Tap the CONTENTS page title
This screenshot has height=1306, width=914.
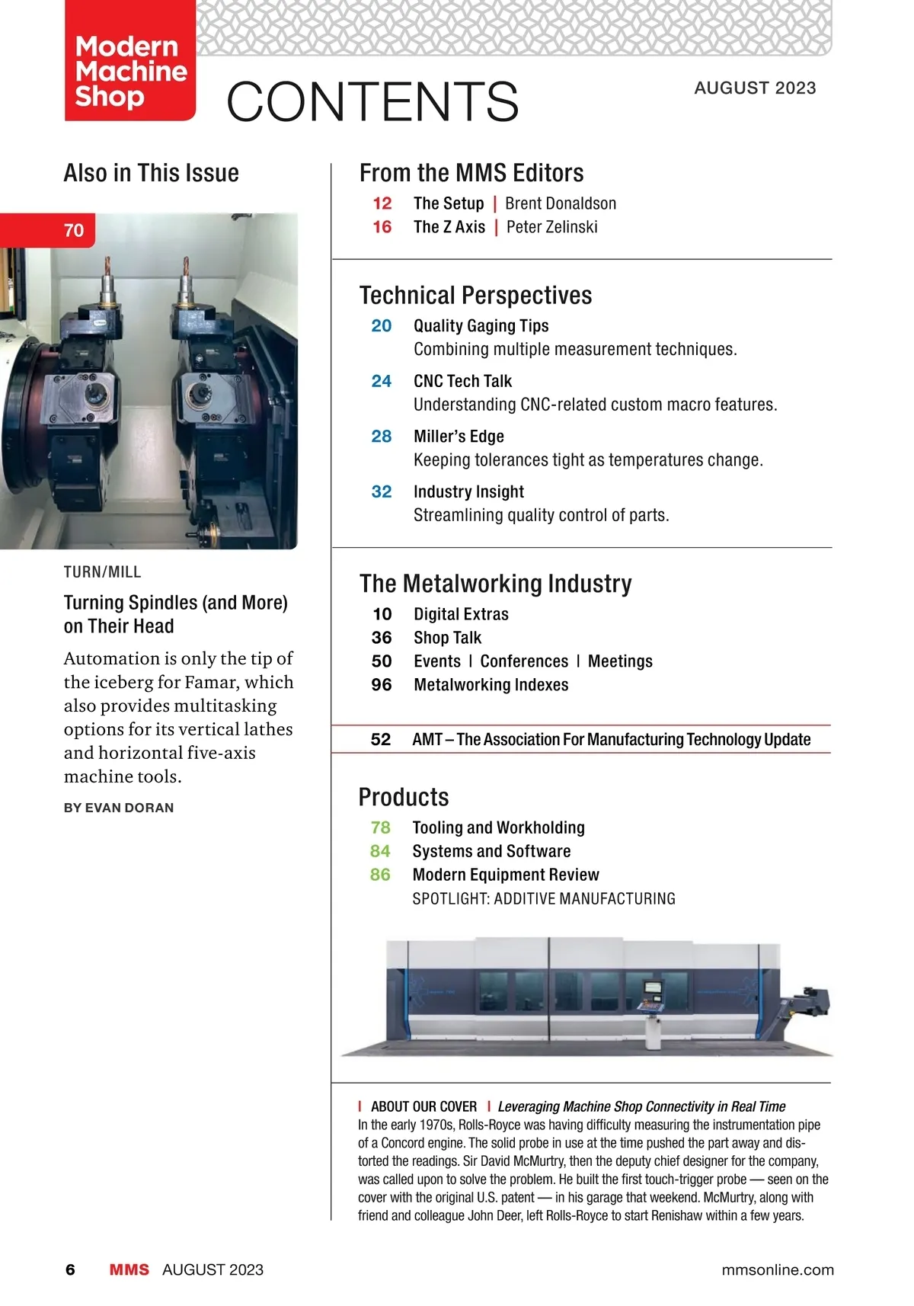click(x=372, y=102)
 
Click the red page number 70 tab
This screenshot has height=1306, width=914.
click(x=73, y=230)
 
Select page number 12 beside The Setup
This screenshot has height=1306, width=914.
click(x=382, y=203)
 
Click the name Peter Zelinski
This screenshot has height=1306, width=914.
click(x=551, y=227)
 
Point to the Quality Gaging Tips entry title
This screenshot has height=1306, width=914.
click(x=481, y=326)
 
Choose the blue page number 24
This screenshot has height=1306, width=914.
click(x=382, y=381)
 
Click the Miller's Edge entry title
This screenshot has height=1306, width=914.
click(x=459, y=437)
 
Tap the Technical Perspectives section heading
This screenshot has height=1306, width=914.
click(x=475, y=296)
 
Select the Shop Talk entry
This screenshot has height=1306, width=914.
click(x=448, y=638)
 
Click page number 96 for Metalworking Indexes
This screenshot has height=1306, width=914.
click(x=382, y=685)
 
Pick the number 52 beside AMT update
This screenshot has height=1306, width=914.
click(x=381, y=739)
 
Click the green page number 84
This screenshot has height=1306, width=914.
click(x=380, y=851)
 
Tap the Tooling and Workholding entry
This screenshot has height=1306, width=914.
click(x=498, y=827)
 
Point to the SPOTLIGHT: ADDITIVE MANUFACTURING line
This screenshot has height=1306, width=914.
click(x=543, y=899)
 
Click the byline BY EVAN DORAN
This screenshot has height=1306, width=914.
click(x=119, y=808)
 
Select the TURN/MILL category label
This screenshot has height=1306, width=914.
click(x=102, y=572)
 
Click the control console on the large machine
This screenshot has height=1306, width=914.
click(x=651, y=999)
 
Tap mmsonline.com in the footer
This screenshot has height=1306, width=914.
click(x=777, y=1269)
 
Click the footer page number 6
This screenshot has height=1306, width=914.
click(x=71, y=1269)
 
